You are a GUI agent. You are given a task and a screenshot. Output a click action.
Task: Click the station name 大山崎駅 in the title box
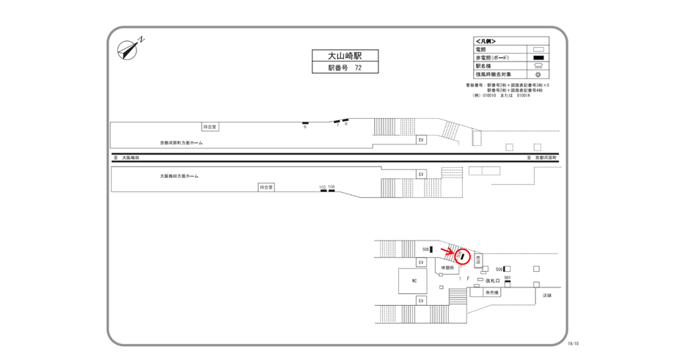[342, 56]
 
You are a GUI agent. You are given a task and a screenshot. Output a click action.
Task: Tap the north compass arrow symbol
[129, 48]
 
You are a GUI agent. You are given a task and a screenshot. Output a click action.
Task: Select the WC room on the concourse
[414, 282]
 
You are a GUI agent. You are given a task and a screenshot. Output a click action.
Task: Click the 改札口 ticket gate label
[492, 281]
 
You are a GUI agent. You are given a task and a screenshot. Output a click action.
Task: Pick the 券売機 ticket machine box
[491, 293]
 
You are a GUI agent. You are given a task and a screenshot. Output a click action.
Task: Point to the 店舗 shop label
[546, 295]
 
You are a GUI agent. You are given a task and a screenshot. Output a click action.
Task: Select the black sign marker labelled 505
[431, 250]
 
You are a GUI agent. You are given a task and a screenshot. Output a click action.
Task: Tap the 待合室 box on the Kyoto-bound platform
[210, 127]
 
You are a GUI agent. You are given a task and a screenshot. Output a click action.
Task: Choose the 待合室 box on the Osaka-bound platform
[266, 188]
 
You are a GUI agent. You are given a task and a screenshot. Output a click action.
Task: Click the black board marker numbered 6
[305, 122]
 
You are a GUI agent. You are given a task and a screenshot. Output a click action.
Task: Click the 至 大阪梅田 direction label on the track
[125, 157]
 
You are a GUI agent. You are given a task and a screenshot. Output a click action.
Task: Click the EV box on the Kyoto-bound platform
[421, 139]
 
